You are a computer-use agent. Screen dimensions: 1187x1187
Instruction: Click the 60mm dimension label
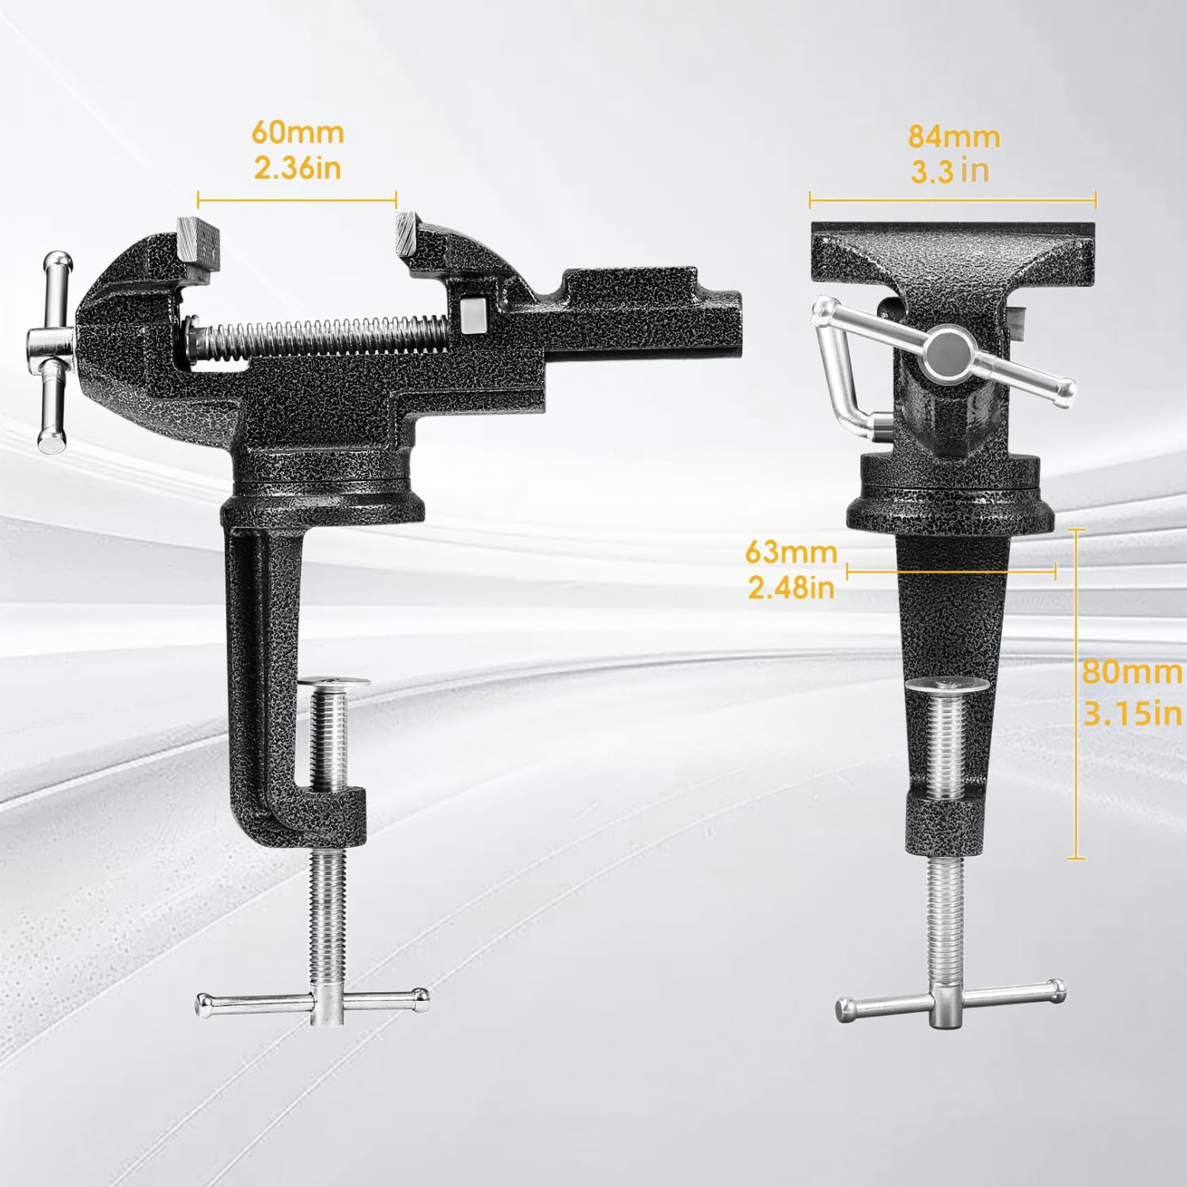pyautogui.click(x=298, y=132)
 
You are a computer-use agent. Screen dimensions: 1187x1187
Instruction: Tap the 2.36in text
pyautogui.click(x=298, y=168)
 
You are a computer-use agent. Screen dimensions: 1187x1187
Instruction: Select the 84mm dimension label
pyautogui.click(x=954, y=136)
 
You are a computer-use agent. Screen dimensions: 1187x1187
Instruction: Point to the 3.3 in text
pyautogui.click(x=950, y=171)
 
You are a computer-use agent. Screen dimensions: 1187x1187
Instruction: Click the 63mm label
pyautogui.click(x=791, y=552)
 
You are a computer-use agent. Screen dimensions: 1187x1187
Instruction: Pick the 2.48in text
pyautogui.click(x=791, y=587)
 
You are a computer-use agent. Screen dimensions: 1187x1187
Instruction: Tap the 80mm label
pyautogui.click(x=1132, y=672)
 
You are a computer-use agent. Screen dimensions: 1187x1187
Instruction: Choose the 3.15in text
pyautogui.click(x=1132, y=714)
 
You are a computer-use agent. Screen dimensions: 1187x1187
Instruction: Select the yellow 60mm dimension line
pyautogui.click(x=297, y=199)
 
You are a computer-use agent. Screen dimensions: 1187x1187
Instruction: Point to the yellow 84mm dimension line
pyautogui.click(x=953, y=200)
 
